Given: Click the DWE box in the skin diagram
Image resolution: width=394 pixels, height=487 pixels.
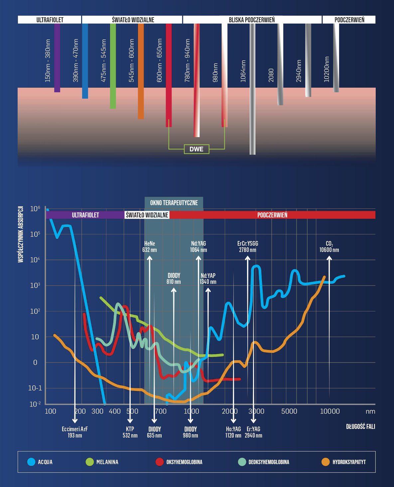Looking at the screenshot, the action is pyautogui.click(x=197, y=149).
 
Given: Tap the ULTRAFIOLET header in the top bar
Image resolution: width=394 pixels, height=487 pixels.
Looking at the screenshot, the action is pyautogui.click(x=50, y=20).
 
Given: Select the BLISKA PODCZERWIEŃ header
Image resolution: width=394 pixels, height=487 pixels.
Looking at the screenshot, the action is pyautogui.click(x=252, y=20).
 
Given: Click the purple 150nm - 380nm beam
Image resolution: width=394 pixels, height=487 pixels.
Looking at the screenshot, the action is pyautogui.click(x=57, y=58).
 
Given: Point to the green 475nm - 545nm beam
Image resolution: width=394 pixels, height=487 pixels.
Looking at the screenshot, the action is pyautogui.click(x=113, y=66).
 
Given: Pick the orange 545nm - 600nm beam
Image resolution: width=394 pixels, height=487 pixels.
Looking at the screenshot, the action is pyautogui.click(x=141, y=71).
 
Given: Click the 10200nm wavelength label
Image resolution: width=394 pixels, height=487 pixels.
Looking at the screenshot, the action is pyautogui.click(x=327, y=69).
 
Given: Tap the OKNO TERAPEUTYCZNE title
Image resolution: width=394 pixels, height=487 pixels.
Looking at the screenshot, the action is pyautogui.click(x=174, y=203).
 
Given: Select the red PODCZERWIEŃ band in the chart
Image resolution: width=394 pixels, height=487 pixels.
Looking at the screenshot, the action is pyautogui.click(x=272, y=215).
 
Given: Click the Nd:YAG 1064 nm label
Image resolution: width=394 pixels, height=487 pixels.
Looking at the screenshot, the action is pyautogui.click(x=198, y=247).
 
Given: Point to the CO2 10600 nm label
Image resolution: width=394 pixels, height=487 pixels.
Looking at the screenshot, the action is pyautogui.click(x=329, y=247).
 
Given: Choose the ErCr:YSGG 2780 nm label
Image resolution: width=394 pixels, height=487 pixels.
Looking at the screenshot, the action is pyautogui.click(x=248, y=247).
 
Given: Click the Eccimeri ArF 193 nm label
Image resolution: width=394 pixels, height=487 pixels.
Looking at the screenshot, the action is pyautogui.click(x=75, y=432).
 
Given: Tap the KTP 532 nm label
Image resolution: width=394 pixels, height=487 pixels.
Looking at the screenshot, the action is pyautogui.click(x=130, y=432).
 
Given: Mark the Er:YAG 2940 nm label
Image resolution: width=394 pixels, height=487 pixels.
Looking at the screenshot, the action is pyautogui.click(x=253, y=432).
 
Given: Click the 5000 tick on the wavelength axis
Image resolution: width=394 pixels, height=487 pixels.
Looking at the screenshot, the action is pyautogui.click(x=289, y=411).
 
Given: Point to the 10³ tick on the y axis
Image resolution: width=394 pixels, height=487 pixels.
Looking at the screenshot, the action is pyautogui.click(x=35, y=285).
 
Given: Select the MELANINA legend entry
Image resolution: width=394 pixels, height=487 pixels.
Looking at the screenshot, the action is pyautogui.click(x=102, y=462).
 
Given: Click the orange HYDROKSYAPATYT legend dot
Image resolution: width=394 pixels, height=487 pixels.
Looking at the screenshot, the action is pyautogui.click(x=325, y=462).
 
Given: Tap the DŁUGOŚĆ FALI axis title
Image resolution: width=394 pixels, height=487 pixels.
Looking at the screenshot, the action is pyautogui.click(x=360, y=426).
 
